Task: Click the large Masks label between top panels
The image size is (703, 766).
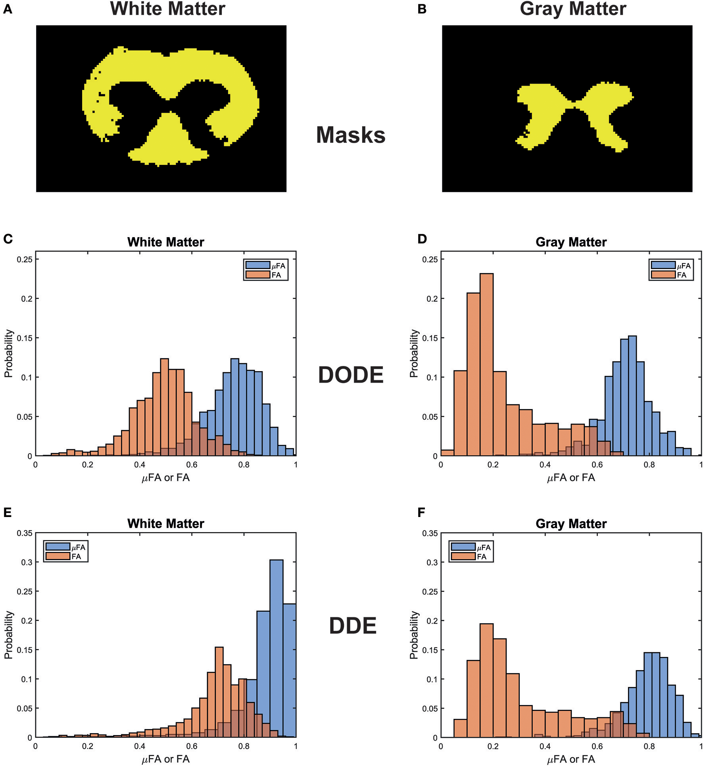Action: tap(350, 135)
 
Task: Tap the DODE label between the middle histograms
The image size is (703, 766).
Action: tap(351, 375)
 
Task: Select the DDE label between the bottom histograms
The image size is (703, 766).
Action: tap(352, 626)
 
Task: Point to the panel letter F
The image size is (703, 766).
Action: tap(421, 512)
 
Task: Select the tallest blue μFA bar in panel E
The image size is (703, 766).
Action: tap(276, 650)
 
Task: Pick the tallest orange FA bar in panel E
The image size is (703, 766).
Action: tap(219, 694)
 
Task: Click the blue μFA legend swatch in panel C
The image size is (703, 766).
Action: tap(257, 265)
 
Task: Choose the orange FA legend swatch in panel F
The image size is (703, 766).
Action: tap(463, 556)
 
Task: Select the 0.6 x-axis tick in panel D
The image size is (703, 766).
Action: tap(597, 465)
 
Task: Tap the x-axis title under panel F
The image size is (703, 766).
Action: tap(571, 759)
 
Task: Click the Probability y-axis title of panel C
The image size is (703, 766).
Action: tap(9, 353)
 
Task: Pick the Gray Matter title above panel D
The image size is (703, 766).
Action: tap(571, 242)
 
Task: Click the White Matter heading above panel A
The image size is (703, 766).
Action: tap(167, 9)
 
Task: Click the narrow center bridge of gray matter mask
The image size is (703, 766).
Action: tap(574, 105)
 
